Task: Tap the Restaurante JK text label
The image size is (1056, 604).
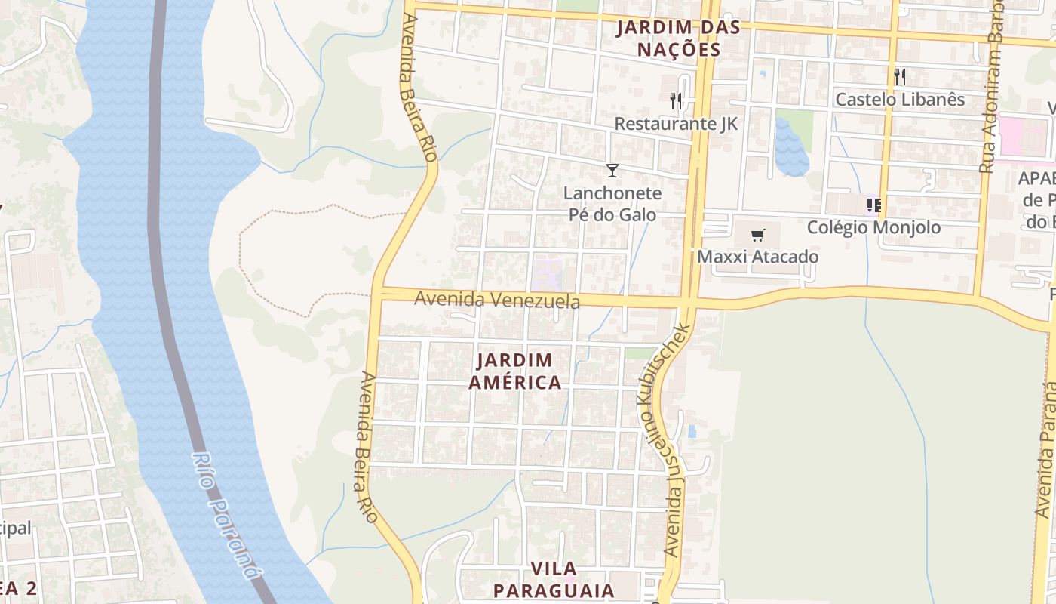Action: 676,124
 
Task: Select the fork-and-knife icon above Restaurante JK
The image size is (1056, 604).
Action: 676,100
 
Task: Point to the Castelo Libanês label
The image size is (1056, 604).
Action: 900,100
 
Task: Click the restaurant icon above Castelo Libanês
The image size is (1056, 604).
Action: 899,76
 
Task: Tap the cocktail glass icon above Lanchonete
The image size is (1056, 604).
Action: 612,171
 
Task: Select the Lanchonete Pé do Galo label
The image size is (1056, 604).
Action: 612,204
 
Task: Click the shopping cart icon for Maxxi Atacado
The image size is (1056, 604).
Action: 757,235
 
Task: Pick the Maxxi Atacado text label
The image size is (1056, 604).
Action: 757,257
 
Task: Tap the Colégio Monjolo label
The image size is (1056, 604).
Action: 873,227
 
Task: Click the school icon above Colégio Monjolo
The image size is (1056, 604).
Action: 874,205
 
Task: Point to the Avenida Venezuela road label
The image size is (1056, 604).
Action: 497,300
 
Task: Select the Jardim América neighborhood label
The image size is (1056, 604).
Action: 515,371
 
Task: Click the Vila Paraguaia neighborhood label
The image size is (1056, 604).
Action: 554,578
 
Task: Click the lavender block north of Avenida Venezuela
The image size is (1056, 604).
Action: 547,274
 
